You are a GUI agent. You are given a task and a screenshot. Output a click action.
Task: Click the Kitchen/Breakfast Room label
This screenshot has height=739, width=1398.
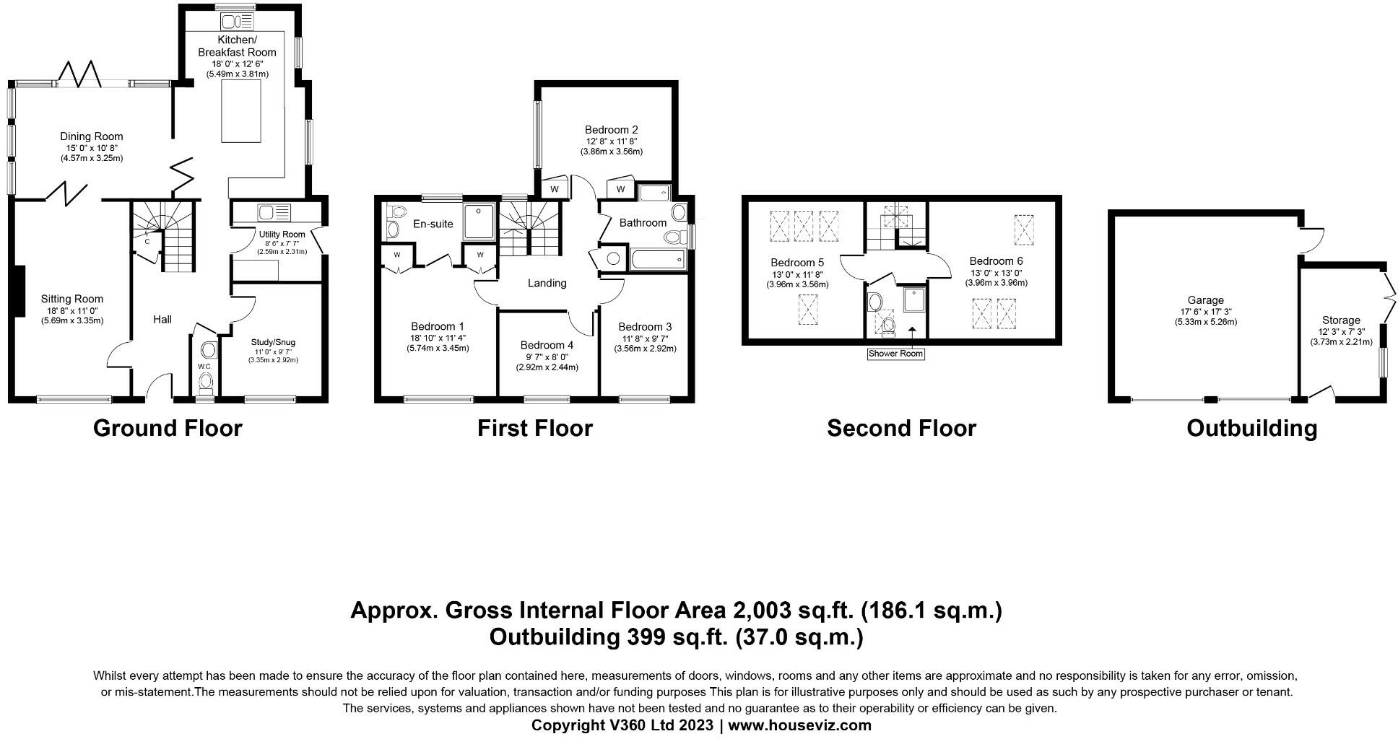[x=238, y=45]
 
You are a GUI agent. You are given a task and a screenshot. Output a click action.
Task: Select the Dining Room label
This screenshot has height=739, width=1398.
[x=91, y=136]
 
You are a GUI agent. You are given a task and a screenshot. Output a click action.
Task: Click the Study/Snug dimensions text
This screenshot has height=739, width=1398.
[x=273, y=356]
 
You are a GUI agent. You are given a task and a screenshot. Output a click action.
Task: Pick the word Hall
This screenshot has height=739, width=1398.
[x=162, y=319]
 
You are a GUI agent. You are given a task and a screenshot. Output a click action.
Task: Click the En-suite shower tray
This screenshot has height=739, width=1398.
[x=479, y=222]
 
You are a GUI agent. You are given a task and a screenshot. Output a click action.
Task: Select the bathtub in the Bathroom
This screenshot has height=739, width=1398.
[x=658, y=260]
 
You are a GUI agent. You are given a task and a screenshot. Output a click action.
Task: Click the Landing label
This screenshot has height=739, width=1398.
[x=547, y=283]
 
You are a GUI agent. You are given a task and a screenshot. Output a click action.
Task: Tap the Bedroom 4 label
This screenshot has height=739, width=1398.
[x=547, y=346]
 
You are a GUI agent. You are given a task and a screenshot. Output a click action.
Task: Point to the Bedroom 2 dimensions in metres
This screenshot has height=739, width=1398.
[x=611, y=152]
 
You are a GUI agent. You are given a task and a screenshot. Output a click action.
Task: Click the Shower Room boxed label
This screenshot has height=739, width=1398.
[x=896, y=354]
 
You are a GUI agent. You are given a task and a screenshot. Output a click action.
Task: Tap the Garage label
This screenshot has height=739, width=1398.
[x=1206, y=300]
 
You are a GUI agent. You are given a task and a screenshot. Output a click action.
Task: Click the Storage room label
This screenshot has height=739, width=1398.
[x=1341, y=320]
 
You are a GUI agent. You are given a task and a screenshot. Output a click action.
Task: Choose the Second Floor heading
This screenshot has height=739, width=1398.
[x=901, y=429]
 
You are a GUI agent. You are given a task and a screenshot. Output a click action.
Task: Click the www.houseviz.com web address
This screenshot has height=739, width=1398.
[x=799, y=725]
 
